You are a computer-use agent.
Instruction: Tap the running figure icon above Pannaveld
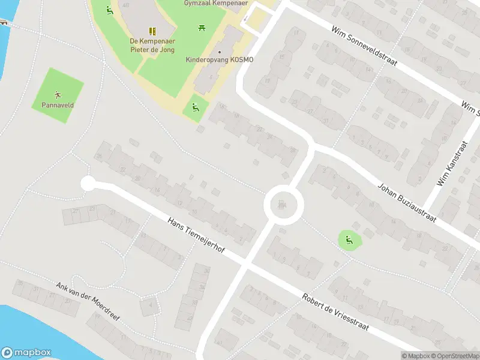click(58, 94)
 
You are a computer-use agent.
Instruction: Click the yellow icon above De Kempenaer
click(152, 31)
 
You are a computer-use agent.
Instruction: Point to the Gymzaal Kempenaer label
click(208, 3)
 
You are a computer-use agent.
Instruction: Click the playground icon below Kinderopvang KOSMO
click(195, 108)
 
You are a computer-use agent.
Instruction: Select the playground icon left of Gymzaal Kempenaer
click(109, 10)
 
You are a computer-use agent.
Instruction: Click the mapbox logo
click(26, 353)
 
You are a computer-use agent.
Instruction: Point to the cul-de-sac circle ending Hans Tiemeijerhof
click(88, 184)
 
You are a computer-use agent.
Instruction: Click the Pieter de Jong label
click(152, 50)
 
